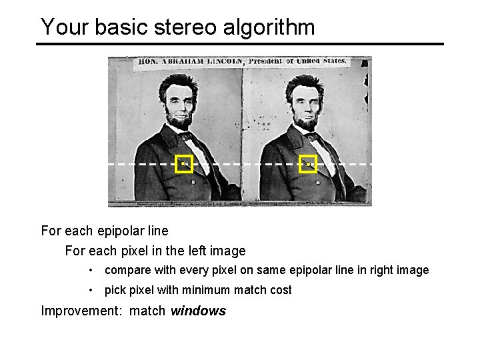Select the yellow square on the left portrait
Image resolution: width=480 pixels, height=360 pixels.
point(184,164)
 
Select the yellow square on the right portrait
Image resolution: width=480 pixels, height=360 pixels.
point(308,164)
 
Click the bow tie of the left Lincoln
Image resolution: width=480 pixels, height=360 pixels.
point(187,135)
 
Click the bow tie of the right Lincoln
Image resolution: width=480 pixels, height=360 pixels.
point(311,135)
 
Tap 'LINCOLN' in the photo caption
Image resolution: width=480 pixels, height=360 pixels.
point(225,62)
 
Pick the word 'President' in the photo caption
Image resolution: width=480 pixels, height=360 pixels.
point(265,61)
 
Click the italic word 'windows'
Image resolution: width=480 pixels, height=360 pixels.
point(198,311)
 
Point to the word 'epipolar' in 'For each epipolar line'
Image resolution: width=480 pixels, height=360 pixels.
point(122,231)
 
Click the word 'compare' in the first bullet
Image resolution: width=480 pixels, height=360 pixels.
point(125,271)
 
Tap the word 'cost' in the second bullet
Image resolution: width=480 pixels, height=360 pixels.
point(281,290)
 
